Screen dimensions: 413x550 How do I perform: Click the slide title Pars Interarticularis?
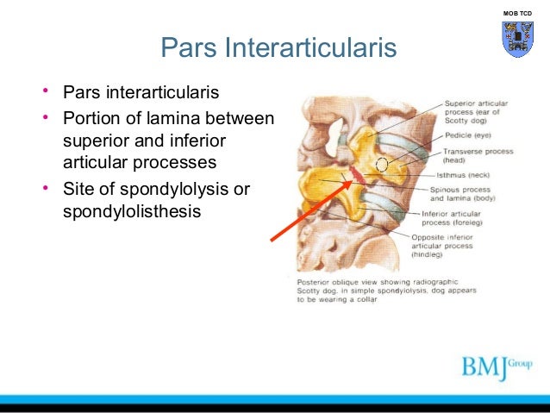(x=278, y=47)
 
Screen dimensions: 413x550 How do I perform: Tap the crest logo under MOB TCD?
(x=517, y=39)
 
